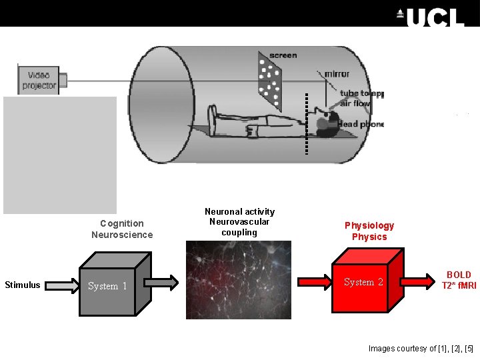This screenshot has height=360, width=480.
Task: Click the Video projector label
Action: (39, 80)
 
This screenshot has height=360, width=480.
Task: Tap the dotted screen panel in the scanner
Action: (271, 79)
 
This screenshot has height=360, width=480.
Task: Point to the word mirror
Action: (337, 74)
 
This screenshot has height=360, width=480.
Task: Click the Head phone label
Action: (360, 124)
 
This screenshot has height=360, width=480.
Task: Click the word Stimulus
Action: (22, 285)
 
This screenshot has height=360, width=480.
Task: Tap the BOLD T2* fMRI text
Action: (459, 280)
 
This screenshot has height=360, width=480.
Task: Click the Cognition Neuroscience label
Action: (122, 229)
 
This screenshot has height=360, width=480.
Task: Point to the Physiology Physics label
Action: (369, 231)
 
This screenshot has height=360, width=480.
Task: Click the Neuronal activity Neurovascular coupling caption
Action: (239, 221)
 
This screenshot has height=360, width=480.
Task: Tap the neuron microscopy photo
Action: (238, 279)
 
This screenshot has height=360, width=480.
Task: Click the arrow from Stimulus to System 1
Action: (62, 285)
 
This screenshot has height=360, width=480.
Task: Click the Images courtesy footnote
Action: (421, 349)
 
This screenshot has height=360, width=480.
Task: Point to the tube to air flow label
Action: (361, 99)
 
